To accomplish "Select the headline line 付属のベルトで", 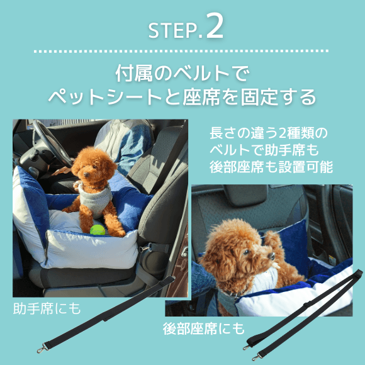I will click(x=182, y=73).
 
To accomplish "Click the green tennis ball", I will click(x=97, y=230).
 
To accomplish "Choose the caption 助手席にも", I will click(x=47, y=309).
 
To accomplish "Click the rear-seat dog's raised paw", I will click(x=274, y=239).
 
